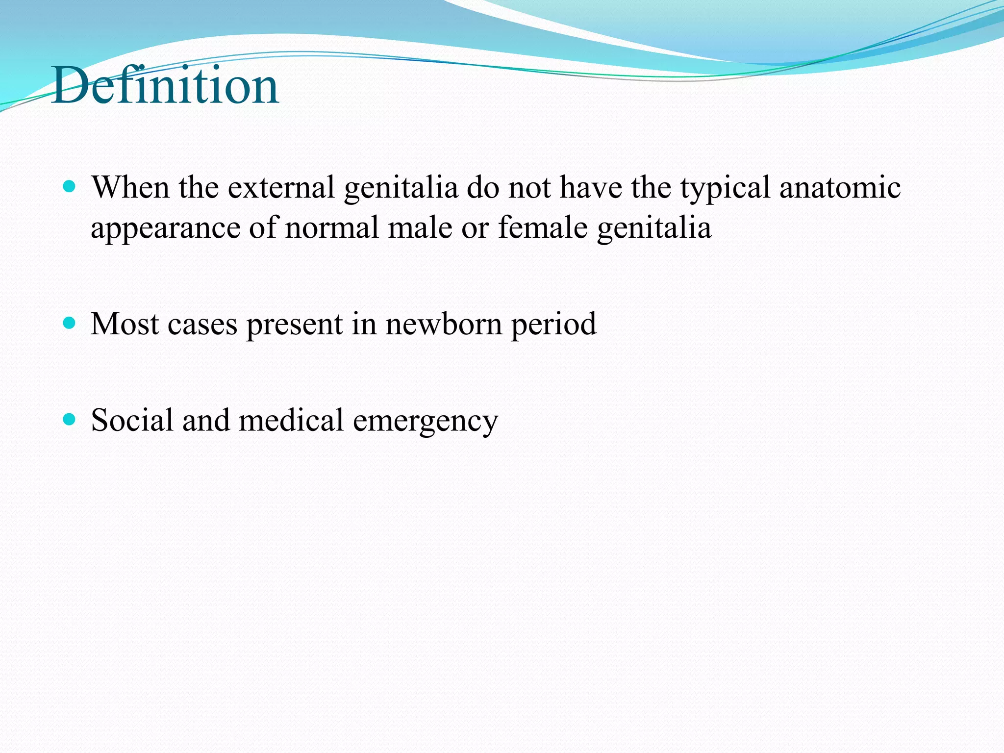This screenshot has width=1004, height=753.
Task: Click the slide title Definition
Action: (166, 86)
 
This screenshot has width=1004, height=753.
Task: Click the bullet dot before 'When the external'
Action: (70, 186)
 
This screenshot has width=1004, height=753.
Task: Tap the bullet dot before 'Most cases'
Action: (70, 323)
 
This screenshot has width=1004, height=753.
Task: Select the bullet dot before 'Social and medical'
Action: (70, 419)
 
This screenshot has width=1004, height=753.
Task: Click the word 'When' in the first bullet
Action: (130, 187)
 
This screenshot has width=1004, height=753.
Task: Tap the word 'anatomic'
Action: (840, 187)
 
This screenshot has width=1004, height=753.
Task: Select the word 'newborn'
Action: (444, 324)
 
